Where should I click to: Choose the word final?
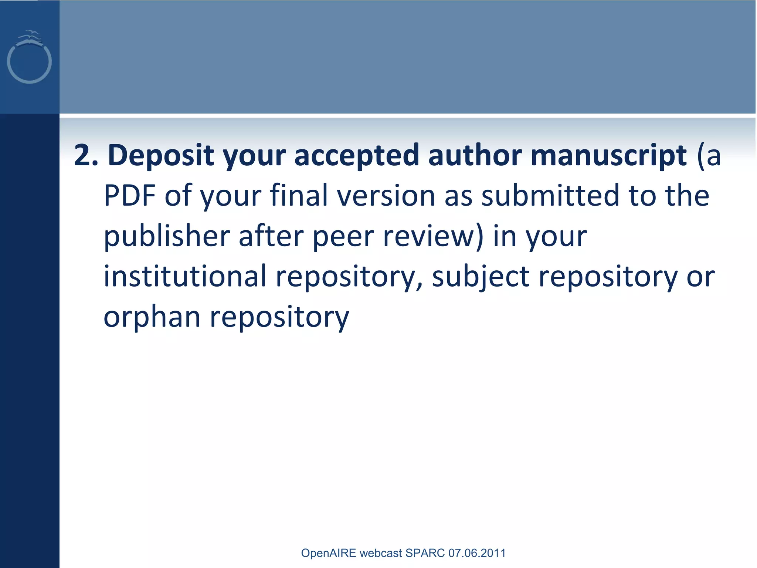[299, 196]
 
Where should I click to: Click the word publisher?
[167, 237]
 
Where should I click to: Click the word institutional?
[185, 277]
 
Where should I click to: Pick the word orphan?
[152, 317]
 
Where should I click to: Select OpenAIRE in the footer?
[328, 553]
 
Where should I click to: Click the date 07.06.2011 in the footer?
[477, 553]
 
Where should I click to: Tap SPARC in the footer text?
[425, 553]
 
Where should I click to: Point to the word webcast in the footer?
[380, 553]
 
